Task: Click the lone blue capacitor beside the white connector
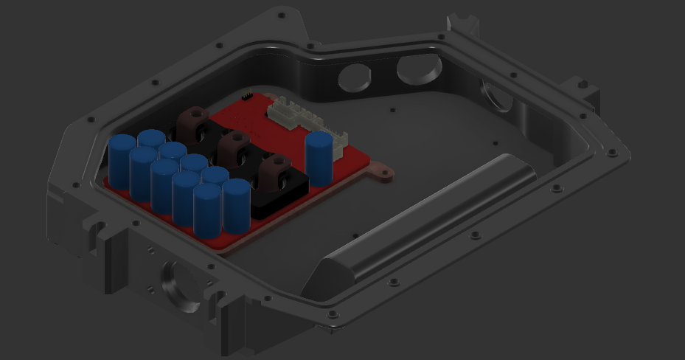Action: (319, 159)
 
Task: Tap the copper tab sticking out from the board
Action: (381, 173)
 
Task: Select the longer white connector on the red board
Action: (294, 114)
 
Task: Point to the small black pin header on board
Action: (247, 97)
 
